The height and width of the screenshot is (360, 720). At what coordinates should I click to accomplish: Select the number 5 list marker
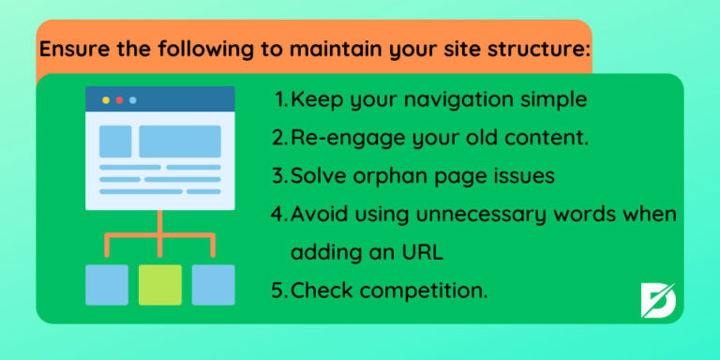pyautogui.click(x=278, y=290)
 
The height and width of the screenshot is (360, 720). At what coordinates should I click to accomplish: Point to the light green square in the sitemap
pyautogui.click(x=160, y=284)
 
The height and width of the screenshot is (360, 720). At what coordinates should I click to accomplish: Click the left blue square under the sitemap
pyautogui.click(x=106, y=284)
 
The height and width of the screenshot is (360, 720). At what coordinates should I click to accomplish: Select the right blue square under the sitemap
pyautogui.click(x=213, y=284)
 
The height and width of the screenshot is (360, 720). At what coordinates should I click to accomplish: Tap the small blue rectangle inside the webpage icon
pyautogui.click(x=115, y=142)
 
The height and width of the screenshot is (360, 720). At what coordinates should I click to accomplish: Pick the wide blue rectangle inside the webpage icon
pyautogui.click(x=180, y=142)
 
